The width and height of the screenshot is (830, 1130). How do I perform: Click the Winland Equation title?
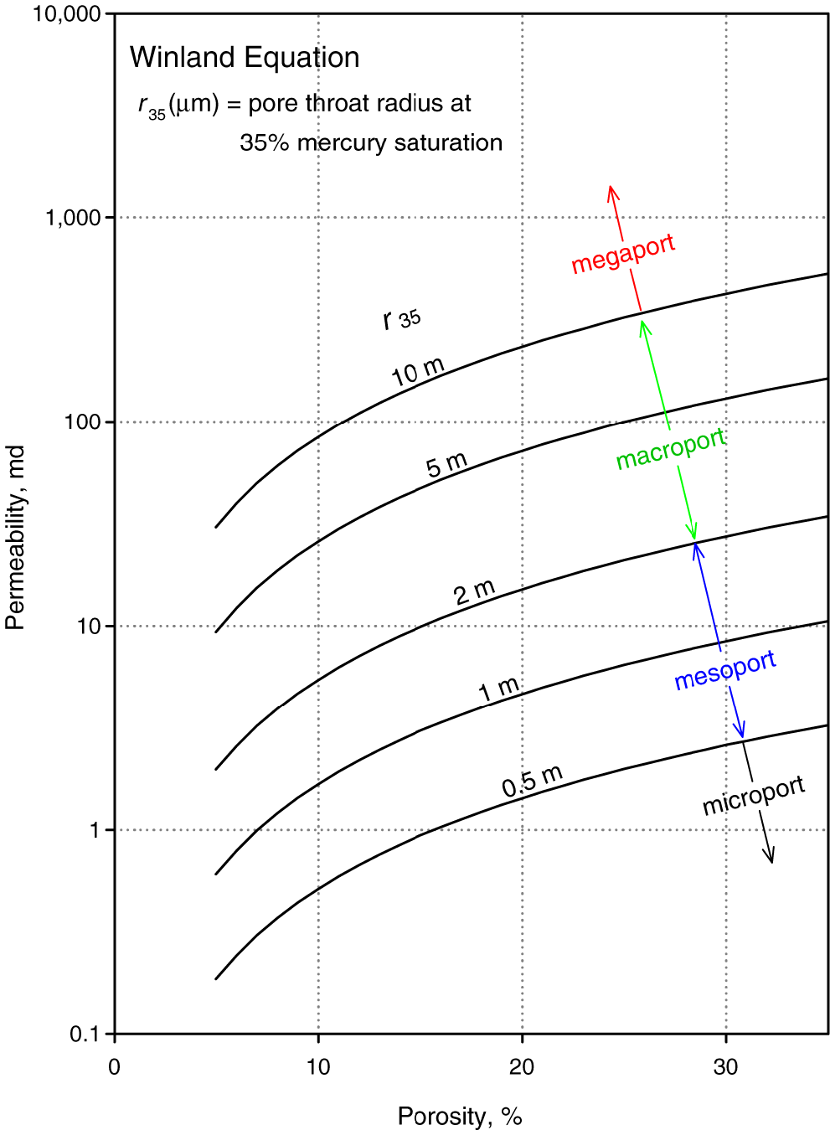pyautogui.click(x=245, y=58)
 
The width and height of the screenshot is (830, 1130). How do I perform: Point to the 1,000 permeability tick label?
pyautogui.click(x=73, y=218)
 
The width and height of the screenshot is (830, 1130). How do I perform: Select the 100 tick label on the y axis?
pyautogui.click(x=82, y=422)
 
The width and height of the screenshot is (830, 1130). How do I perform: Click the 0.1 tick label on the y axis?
pyautogui.click(x=85, y=1035)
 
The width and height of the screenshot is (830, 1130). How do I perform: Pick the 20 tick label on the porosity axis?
pyautogui.click(x=522, y=1067)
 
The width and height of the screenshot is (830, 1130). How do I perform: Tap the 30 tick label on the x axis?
pyautogui.click(x=725, y=1067)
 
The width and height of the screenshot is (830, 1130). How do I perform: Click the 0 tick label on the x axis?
pyautogui.click(x=115, y=1067)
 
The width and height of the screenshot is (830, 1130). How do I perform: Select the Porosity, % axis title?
pyautogui.click(x=460, y=1117)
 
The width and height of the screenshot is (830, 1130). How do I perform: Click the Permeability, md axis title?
pyautogui.click(x=16, y=538)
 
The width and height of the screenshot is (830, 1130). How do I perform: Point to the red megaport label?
pyautogui.click(x=623, y=254)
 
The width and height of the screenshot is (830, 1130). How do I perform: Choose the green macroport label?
pyautogui.click(x=671, y=449)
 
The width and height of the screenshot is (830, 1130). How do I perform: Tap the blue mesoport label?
pyautogui.click(x=725, y=669)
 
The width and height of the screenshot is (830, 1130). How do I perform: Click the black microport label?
pyautogui.click(x=754, y=795)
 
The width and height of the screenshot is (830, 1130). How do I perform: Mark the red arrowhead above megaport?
pyautogui.click(x=612, y=191)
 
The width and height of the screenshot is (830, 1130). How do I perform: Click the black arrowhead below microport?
pyautogui.click(x=771, y=857)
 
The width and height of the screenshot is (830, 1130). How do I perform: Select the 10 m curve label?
pyautogui.click(x=418, y=371)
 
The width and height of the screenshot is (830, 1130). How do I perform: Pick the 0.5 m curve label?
pyautogui.click(x=532, y=781)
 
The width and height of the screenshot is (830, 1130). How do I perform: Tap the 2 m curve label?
pyautogui.click(x=475, y=592)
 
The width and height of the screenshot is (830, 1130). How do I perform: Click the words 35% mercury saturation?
pyautogui.click(x=371, y=143)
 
